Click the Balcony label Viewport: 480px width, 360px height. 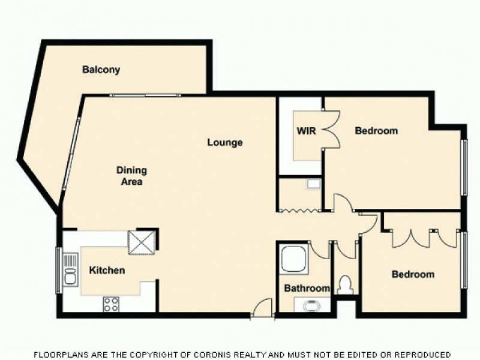point(101,70)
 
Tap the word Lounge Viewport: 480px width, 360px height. point(225,143)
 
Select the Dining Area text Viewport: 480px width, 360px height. point(131,176)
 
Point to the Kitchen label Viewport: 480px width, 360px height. point(107,271)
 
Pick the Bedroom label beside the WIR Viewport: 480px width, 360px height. point(376,131)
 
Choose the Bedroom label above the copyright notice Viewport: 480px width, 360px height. point(413,275)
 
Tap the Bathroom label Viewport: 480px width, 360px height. point(307,289)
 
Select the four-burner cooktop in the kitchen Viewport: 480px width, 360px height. point(111,304)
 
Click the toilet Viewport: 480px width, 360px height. point(344,284)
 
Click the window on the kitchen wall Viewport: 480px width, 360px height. point(59,268)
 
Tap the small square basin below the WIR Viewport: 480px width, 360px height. point(313,184)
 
